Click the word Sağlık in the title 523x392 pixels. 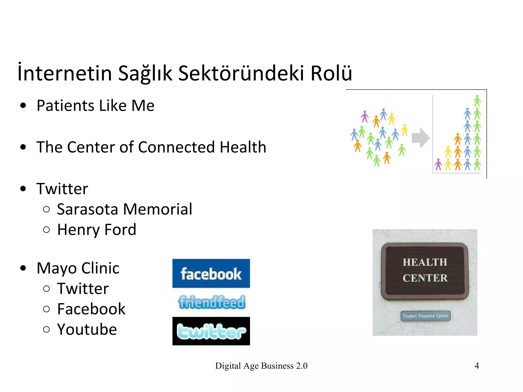tap(145, 73)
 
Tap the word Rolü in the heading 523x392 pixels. tap(331, 73)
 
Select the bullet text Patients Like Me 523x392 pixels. tap(96, 105)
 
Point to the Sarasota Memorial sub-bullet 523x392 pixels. tap(124, 209)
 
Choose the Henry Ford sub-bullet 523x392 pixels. tap(97, 229)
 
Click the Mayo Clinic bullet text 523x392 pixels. tap(78, 268)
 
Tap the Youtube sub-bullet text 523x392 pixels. tap(87, 329)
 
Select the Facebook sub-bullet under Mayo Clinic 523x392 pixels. tap(91, 309)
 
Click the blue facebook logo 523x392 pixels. tap(211, 274)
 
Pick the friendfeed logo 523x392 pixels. tap(211, 302)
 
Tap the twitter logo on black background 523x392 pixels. tap(211, 331)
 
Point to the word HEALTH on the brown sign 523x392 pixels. tap(425, 262)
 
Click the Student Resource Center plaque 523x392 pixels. tap(425, 316)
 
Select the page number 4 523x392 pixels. tap(477, 366)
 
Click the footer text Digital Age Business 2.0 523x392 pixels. tap(261, 366)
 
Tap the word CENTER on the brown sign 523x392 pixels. tap(425, 278)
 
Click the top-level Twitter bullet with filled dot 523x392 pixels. tap(62, 189)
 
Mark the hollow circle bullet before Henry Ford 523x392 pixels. tap(46, 230)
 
